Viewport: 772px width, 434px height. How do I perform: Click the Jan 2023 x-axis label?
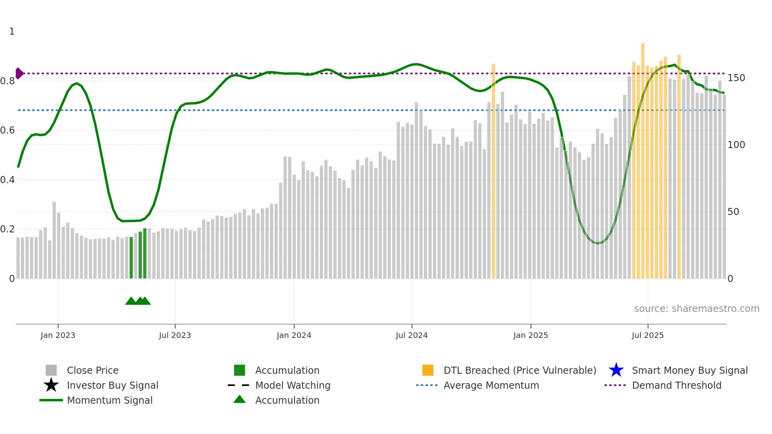pyautogui.click(x=58, y=335)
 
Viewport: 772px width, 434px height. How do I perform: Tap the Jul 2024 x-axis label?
pyautogui.click(x=412, y=335)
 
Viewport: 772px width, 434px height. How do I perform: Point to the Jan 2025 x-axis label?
pyautogui.click(x=531, y=335)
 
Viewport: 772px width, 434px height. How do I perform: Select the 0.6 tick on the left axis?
pyautogui.click(x=7, y=130)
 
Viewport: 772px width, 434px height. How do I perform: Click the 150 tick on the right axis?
pyautogui.click(x=736, y=78)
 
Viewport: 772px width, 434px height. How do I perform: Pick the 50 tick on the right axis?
pyautogui.click(x=733, y=212)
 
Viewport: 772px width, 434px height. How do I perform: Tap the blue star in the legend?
pyautogui.click(x=616, y=370)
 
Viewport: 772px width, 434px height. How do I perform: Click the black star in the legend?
pyautogui.click(x=51, y=385)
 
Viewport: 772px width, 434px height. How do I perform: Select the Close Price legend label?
pyautogui.click(x=93, y=370)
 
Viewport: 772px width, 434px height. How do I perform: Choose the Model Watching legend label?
pyautogui.click(x=293, y=385)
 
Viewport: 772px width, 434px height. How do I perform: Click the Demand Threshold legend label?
pyautogui.click(x=676, y=385)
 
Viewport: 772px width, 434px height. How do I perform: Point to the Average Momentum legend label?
pyautogui.click(x=491, y=385)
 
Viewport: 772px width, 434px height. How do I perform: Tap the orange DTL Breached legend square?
pyautogui.click(x=428, y=370)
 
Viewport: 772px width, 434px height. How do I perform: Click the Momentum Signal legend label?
pyautogui.click(x=109, y=400)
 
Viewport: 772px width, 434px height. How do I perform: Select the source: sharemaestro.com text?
pyautogui.click(x=696, y=309)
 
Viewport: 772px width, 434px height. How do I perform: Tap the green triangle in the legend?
pyautogui.click(x=239, y=399)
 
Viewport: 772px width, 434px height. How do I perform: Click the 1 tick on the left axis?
pyautogui.click(x=12, y=32)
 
